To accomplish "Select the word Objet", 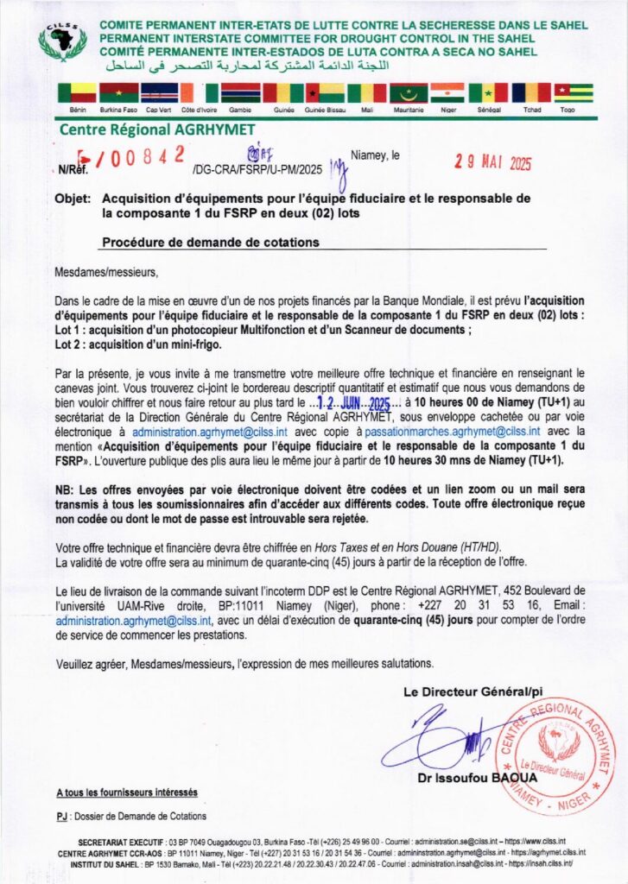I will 73,198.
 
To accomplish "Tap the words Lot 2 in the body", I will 68,344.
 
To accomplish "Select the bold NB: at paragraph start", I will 65,489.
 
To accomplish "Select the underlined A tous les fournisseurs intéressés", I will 126,792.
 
